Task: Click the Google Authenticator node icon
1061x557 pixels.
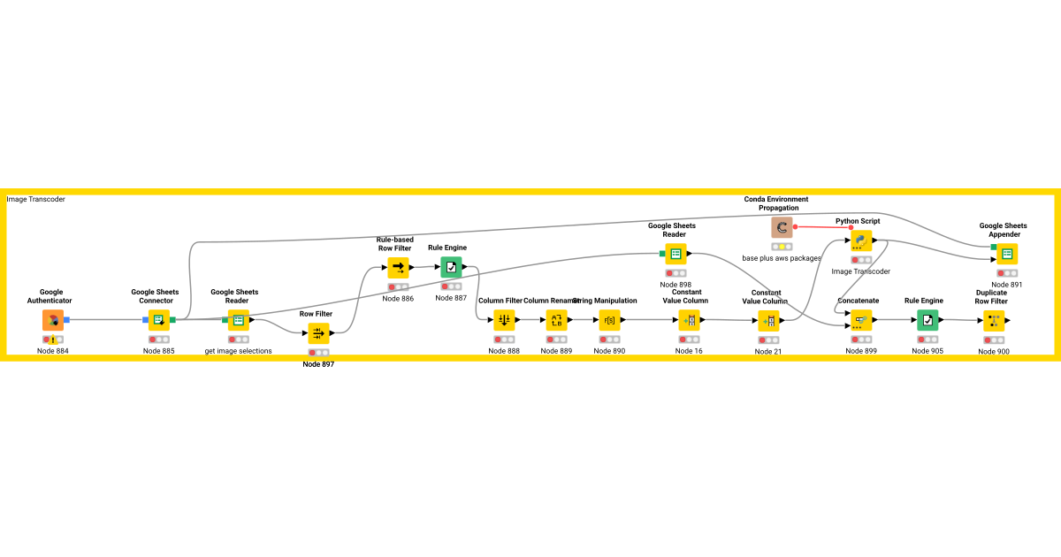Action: coord(53,320)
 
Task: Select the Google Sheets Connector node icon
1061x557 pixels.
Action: coord(159,320)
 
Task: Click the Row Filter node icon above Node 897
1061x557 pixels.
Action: coord(318,333)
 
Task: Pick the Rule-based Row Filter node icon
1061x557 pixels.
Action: coord(398,268)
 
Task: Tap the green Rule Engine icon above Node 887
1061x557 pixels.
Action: coord(452,267)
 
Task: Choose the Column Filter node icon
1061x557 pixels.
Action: coord(504,320)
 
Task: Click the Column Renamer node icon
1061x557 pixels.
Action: coord(557,320)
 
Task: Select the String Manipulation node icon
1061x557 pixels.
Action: coord(609,320)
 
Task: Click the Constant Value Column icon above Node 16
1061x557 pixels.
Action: coord(690,320)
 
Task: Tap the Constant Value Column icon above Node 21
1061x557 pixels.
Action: coord(768,321)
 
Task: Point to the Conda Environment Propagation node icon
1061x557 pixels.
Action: coord(782,228)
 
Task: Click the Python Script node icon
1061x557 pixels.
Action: coord(861,240)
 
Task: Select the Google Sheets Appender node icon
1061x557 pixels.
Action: coord(1006,254)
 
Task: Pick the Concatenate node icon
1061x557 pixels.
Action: coord(861,320)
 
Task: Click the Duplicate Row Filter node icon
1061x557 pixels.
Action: coord(994,321)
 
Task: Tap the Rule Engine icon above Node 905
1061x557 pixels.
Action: coord(927,320)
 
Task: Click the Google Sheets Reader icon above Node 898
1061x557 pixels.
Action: coord(676,254)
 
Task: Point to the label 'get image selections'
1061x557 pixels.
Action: coord(239,351)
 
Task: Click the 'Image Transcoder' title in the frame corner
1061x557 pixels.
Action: coord(36,200)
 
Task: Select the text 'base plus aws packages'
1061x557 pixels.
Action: coord(782,258)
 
